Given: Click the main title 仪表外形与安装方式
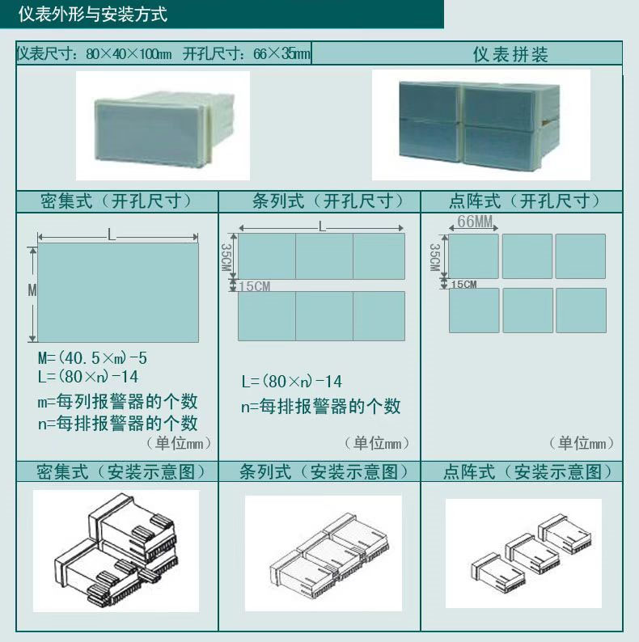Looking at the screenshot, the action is click(92, 15).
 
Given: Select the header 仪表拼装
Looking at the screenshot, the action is click(510, 54).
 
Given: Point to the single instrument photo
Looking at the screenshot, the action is click(163, 125).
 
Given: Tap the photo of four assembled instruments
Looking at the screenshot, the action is click(481, 125).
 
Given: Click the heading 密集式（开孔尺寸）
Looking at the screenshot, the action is click(116, 201).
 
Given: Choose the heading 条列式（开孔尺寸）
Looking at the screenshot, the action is click(328, 201).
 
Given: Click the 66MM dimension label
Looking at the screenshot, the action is click(475, 222).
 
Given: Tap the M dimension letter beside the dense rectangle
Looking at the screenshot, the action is click(32, 290).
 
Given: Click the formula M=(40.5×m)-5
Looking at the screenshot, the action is click(92, 358).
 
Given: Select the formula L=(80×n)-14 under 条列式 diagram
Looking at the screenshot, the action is click(292, 382).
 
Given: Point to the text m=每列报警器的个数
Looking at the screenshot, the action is click(117, 402).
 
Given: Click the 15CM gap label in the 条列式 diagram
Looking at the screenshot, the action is click(255, 286).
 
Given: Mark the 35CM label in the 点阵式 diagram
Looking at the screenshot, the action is click(434, 257).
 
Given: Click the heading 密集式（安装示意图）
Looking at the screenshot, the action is click(121, 471).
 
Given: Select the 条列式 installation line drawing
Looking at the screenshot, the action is click(324, 553).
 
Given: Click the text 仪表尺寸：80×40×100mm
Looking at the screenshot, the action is click(94, 53).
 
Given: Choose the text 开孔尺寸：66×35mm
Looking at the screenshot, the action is click(247, 53).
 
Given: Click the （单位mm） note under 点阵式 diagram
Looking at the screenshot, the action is click(582, 443).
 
